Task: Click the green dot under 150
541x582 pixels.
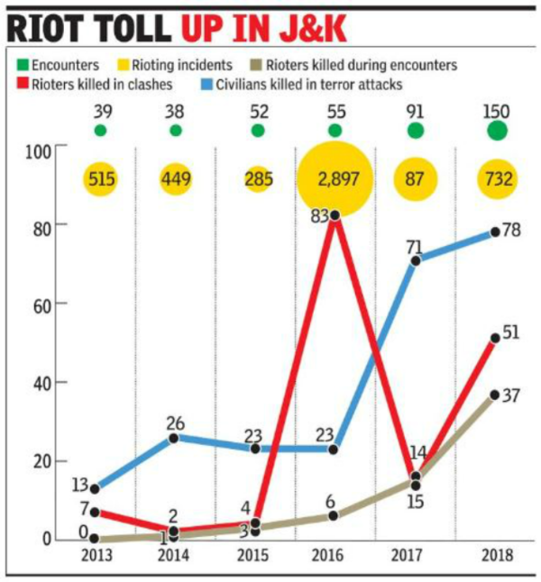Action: click(x=497, y=131)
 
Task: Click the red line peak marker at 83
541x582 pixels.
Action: click(x=335, y=214)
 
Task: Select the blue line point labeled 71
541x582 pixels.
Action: click(x=416, y=260)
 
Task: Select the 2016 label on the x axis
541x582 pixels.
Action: click(x=335, y=556)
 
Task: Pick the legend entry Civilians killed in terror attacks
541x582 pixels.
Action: click(x=307, y=86)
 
